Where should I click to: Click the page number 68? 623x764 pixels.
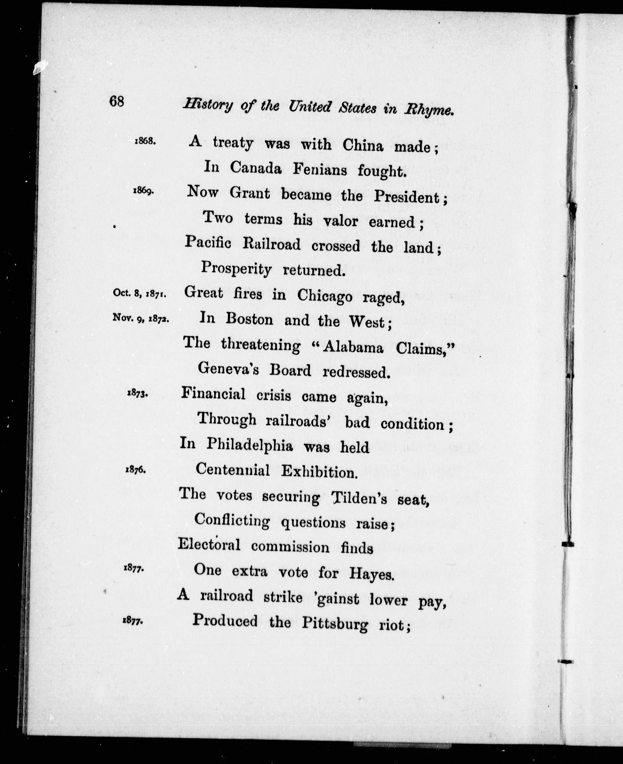[x=117, y=101]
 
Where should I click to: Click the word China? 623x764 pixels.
[x=363, y=145]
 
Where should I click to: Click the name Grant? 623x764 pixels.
[x=250, y=194]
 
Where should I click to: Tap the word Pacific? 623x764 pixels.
[x=208, y=243]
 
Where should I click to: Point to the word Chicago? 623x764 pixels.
[x=324, y=297]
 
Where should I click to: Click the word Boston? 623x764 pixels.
[x=249, y=319]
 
